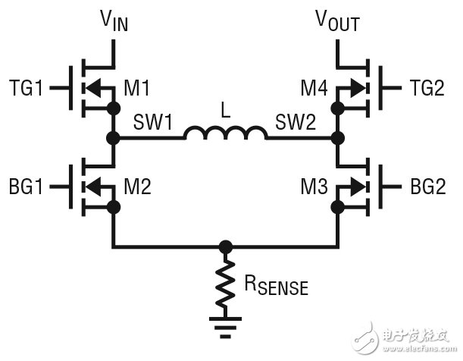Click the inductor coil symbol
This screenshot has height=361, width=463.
(x=224, y=134)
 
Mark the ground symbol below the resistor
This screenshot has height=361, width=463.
(x=224, y=328)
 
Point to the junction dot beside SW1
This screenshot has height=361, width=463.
(x=114, y=138)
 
